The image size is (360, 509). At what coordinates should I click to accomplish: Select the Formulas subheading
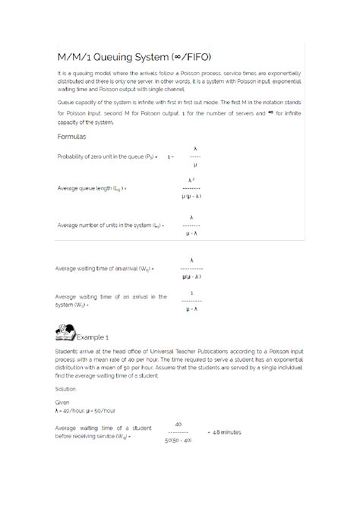click(71, 137)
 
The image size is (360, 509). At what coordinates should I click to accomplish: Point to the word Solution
click(68, 387)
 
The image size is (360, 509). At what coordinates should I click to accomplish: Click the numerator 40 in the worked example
click(178, 424)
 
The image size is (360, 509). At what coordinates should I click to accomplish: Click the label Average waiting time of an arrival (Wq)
click(106, 268)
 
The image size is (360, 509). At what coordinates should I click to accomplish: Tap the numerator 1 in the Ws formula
click(191, 292)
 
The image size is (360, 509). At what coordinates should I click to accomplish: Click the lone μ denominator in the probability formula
click(195, 164)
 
